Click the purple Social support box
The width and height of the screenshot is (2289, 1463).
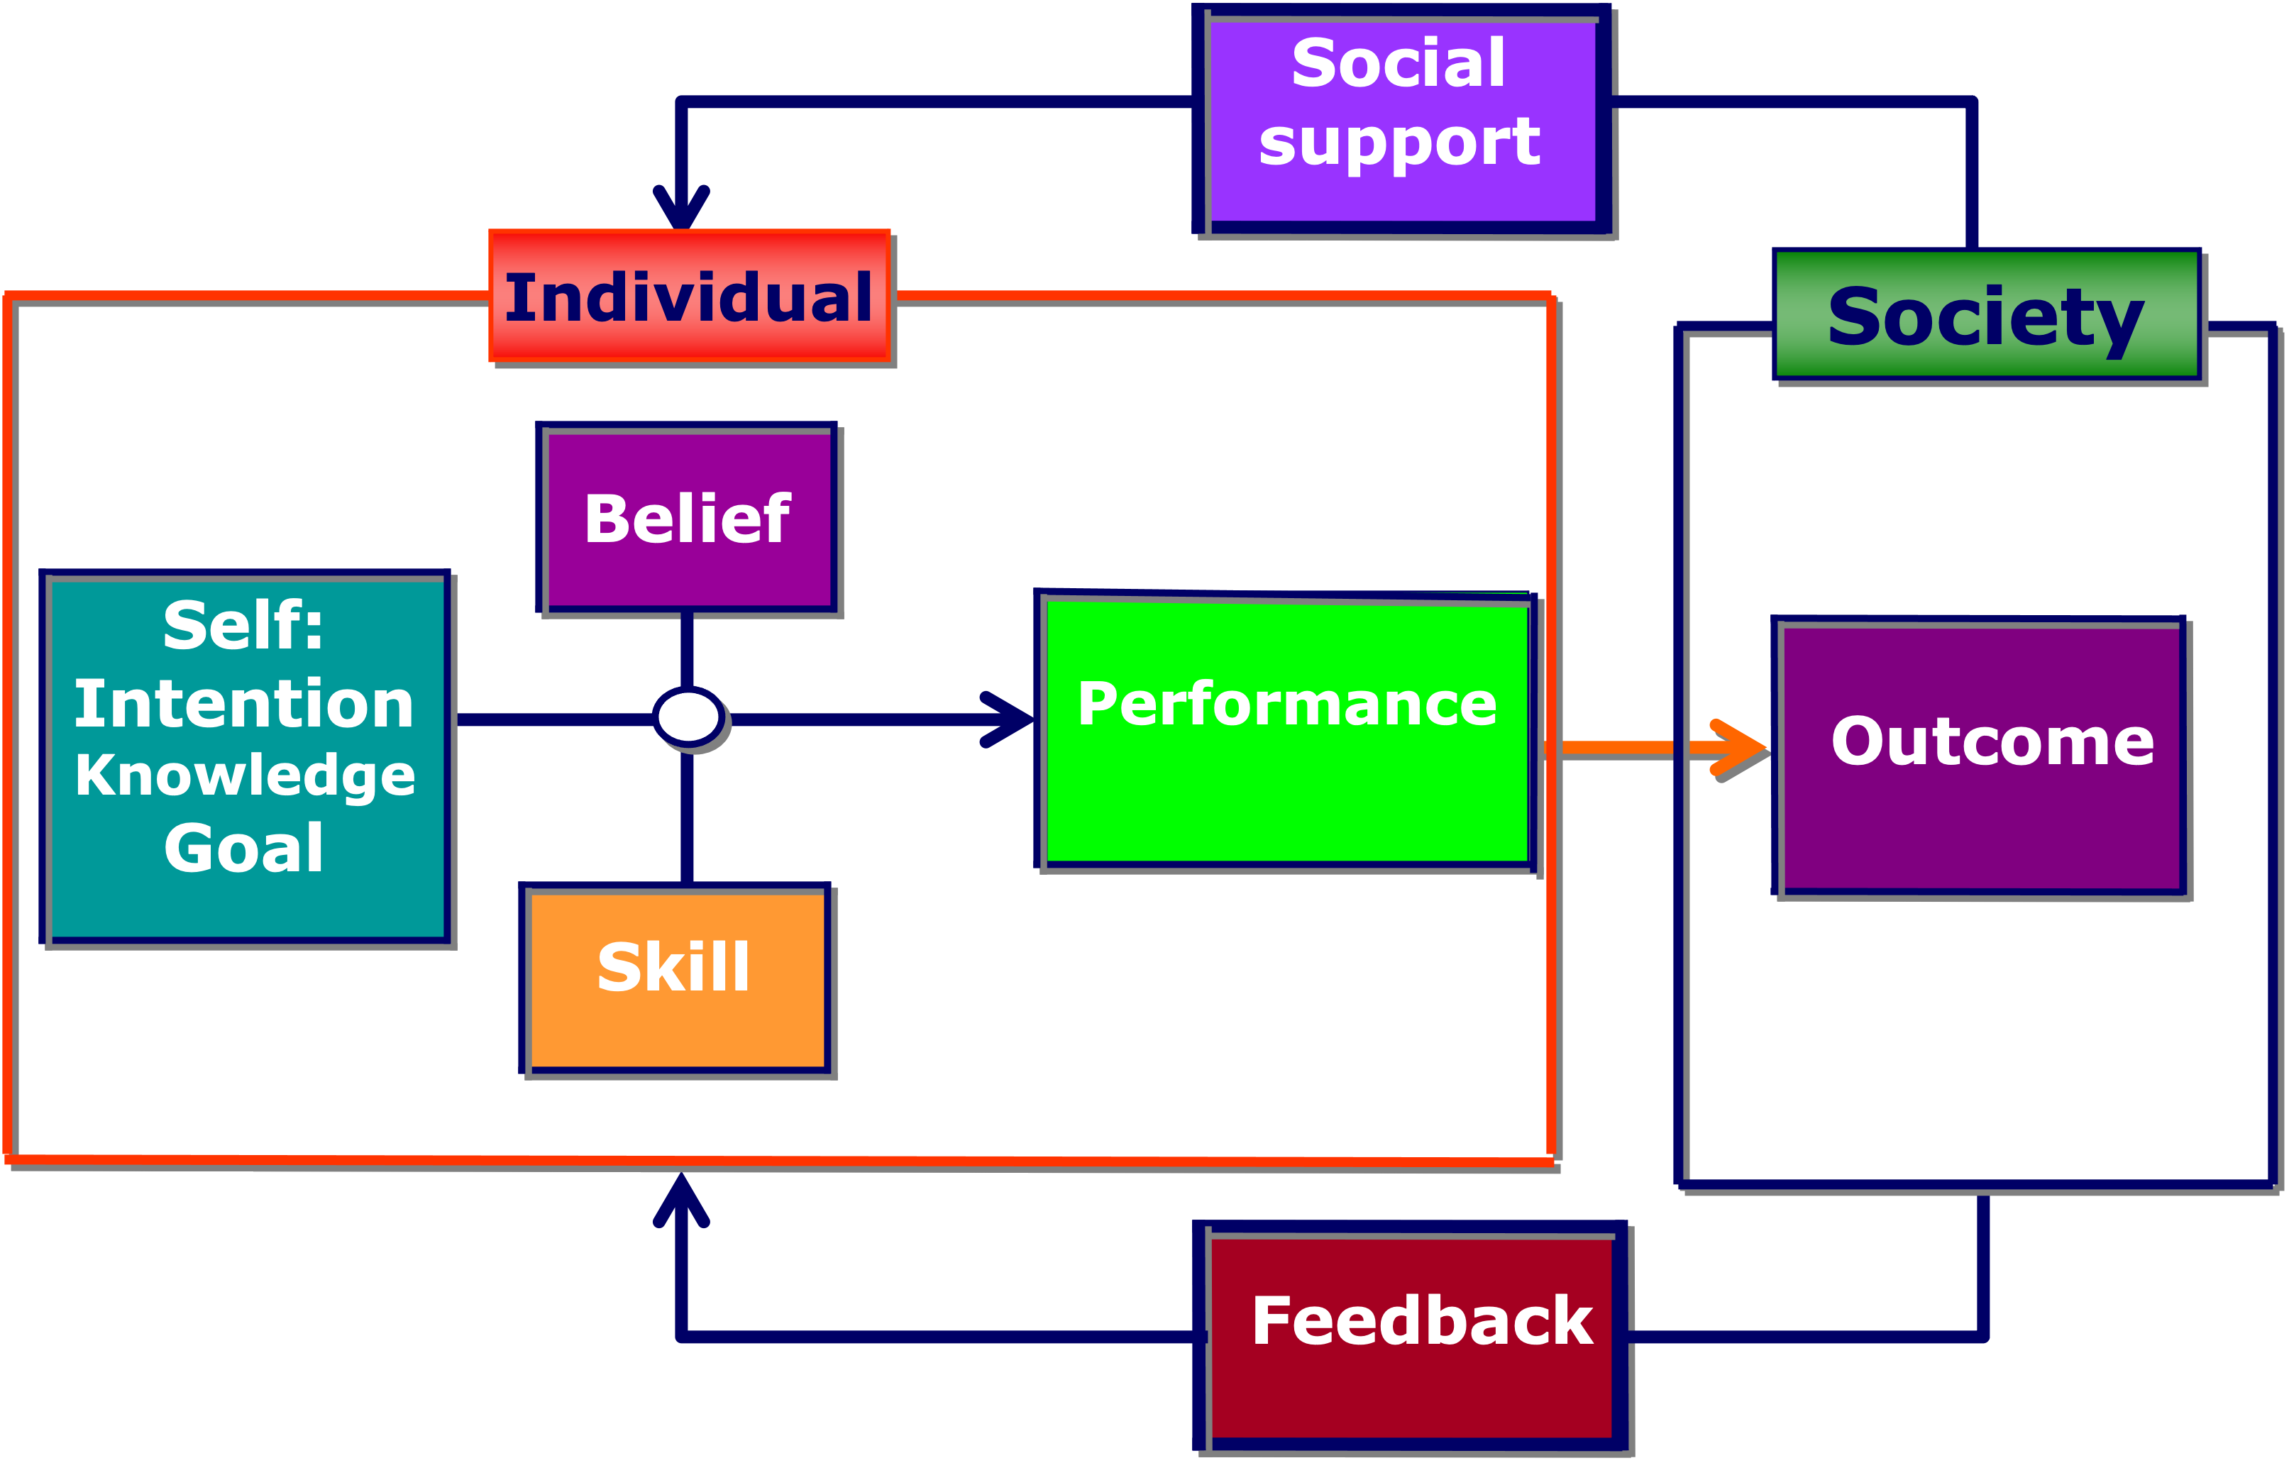[1403, 121]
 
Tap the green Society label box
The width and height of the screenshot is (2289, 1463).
[1987, 316]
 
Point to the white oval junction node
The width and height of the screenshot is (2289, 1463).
[689, 717]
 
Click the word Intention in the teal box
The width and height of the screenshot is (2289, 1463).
[244, 705]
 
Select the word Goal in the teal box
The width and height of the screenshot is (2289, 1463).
[244, 848]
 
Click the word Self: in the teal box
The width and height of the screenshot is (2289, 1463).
[244, 626]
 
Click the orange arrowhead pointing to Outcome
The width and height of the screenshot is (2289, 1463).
[1740, 748]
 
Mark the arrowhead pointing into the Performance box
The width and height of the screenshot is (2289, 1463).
[1010, 719]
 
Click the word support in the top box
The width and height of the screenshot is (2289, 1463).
[1399, 143]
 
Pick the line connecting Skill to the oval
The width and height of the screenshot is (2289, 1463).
[686, 817]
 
